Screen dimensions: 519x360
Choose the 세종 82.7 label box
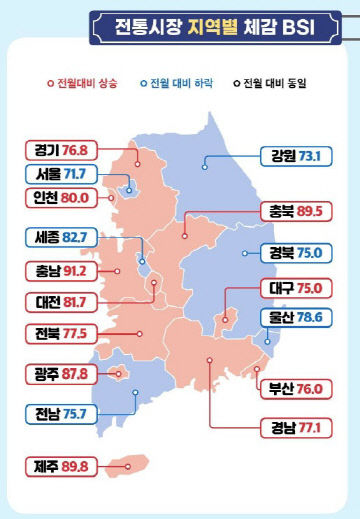pos(60,239)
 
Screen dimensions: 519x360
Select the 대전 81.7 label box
pos(60,301)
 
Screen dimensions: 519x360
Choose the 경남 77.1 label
pos(291,430)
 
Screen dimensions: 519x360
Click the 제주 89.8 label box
pos(60,465)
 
